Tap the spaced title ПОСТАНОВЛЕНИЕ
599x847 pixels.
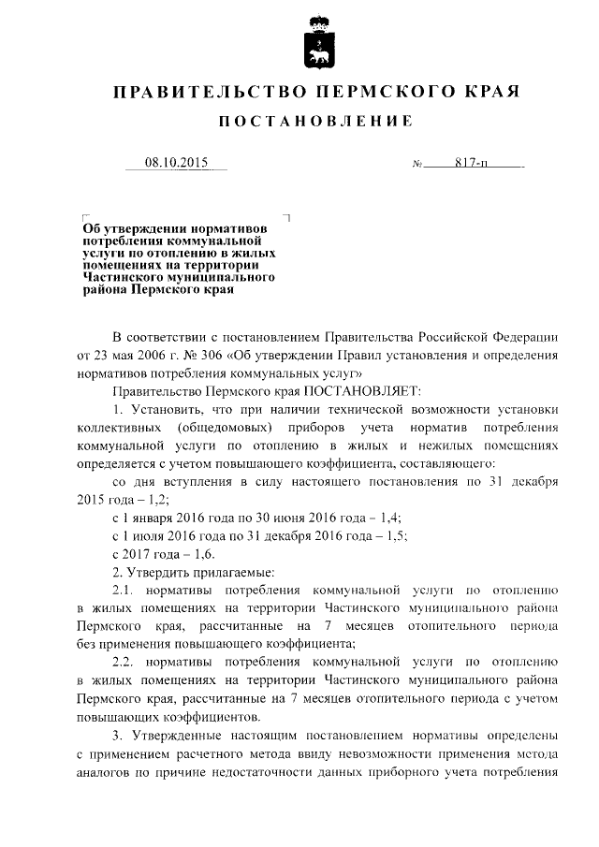314,122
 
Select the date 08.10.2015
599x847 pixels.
176,162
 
